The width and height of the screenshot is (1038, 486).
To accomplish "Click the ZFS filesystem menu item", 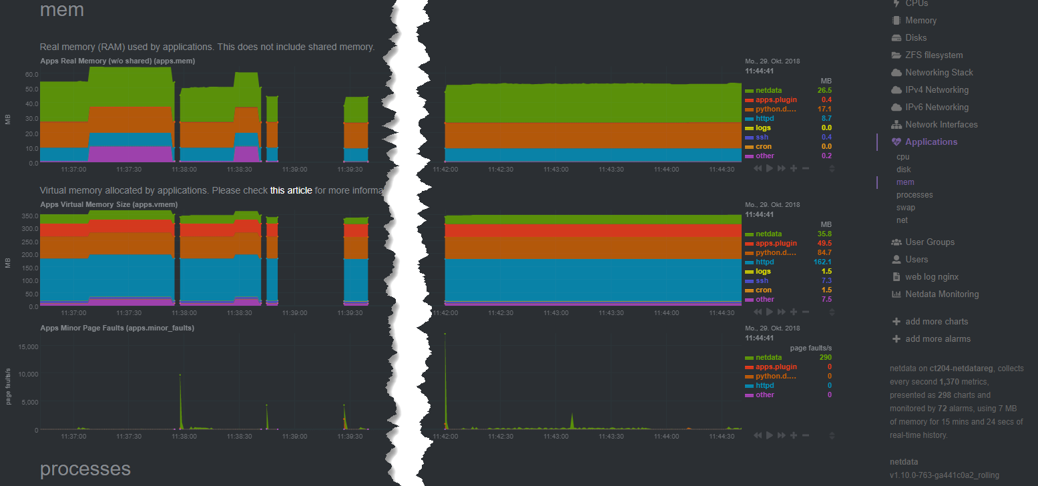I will pyautogui.click(x=933, y=55).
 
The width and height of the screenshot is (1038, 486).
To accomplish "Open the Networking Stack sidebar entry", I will pyautogui.click(x=939, y=72).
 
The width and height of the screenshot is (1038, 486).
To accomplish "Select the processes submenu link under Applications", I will pyautogui.click(x=915, y=195).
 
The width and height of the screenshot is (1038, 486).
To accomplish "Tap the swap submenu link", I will pyautogui.click(x=906, y=208).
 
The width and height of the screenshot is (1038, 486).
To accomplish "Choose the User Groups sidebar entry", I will pyautogui.click(x=929, y=242).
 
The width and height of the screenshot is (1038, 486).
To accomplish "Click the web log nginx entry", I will pyautogui.click(x=932, y=276).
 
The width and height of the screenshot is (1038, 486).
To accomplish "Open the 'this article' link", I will pyautogui.click(x=291, y=190).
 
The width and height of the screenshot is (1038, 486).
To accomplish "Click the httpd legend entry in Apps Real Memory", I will pyautogui.click(x=764, y=118).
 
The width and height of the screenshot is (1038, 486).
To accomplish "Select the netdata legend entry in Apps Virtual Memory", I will pyautogui.click(x=768, y=234).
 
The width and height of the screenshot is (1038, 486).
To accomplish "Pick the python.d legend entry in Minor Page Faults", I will pyautogui.click(x=776, y=377).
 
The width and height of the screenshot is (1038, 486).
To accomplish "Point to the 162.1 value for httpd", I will pyautogui.click(x=822, y=262).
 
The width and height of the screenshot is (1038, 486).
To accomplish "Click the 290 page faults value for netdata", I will pyautogui.click(x=825, y=358).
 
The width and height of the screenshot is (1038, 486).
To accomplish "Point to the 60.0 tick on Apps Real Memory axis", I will pyautogui.click(x=31, y=74).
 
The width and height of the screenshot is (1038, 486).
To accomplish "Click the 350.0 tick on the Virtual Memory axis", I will pyautogui.click(x=29, y=216).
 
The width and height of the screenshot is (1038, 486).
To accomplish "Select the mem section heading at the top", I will pyautogui.click(x=61, y=10).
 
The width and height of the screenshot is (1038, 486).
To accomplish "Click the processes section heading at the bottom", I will pyautogui.click(x=85, y=469).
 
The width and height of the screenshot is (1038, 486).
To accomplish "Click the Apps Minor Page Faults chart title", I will pyautogui.click(x=117, y=328).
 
